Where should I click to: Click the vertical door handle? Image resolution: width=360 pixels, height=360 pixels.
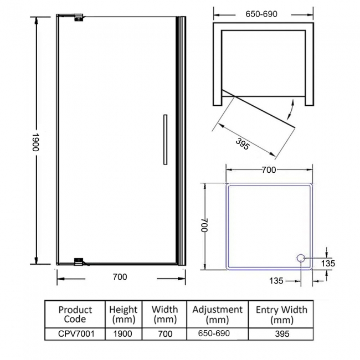164,139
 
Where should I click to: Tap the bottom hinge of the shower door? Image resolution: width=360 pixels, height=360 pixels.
79,261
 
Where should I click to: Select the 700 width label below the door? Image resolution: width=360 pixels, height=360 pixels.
120,277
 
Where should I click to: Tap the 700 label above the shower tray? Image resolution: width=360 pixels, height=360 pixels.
268,170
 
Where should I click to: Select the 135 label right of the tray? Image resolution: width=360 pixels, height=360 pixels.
328,264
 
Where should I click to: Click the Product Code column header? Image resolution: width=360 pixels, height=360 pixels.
75,314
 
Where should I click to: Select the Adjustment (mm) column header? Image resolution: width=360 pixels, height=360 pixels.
217,314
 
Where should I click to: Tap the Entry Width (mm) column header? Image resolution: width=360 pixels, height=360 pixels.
281,314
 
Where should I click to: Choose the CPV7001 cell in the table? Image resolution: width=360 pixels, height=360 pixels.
75,334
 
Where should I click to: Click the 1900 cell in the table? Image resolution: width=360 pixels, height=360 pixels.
122,334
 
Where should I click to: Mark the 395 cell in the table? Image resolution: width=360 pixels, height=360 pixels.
281,334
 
